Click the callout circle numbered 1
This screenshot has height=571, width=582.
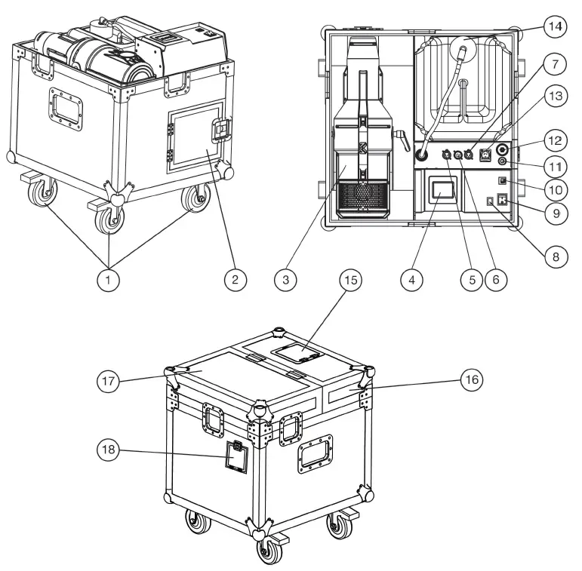pyautogui.click(x=110, y=278)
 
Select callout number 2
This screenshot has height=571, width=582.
pyautogui.click(x=235, y=278)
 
